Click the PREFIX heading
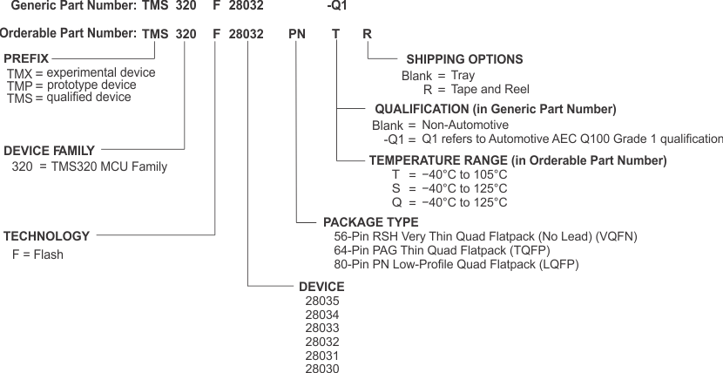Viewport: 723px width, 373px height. pyautogui.click(x=26, y=58)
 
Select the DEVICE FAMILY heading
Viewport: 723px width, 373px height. pyautogui.click(x=50, y=150)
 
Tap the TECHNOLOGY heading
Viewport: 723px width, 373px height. pyautogui.click(x=47, y=236)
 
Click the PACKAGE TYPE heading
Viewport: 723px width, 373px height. pyautogui.click(x=370, y=222)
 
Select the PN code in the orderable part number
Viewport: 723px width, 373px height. pyautogui.click(x=298, y=35)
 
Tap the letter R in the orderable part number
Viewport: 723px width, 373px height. pyautogui.click(x=367, y=35)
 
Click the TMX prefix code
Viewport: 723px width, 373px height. pyautogui.click(x=19, y=73)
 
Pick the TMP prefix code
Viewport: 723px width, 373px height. pyautogui.click(x=19, y=86)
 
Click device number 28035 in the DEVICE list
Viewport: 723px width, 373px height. pyautogui.click(x=321, y=301)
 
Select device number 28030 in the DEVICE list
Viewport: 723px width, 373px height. pyautogui.click(x=321, y=370)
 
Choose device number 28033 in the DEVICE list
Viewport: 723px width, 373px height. pyautogui.click(x=321, y=329)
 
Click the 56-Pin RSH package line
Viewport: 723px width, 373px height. pyautogui.click(x=485, y=236)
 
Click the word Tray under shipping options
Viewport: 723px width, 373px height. pyautogui.click(x=463, y=76)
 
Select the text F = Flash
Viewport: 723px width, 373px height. pyautogui.click(x=37, y=254)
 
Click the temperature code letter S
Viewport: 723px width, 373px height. pyautogui.click(x=396, y=188)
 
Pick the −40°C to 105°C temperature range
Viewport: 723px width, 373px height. pyautogui.click(x=464, y=174)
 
